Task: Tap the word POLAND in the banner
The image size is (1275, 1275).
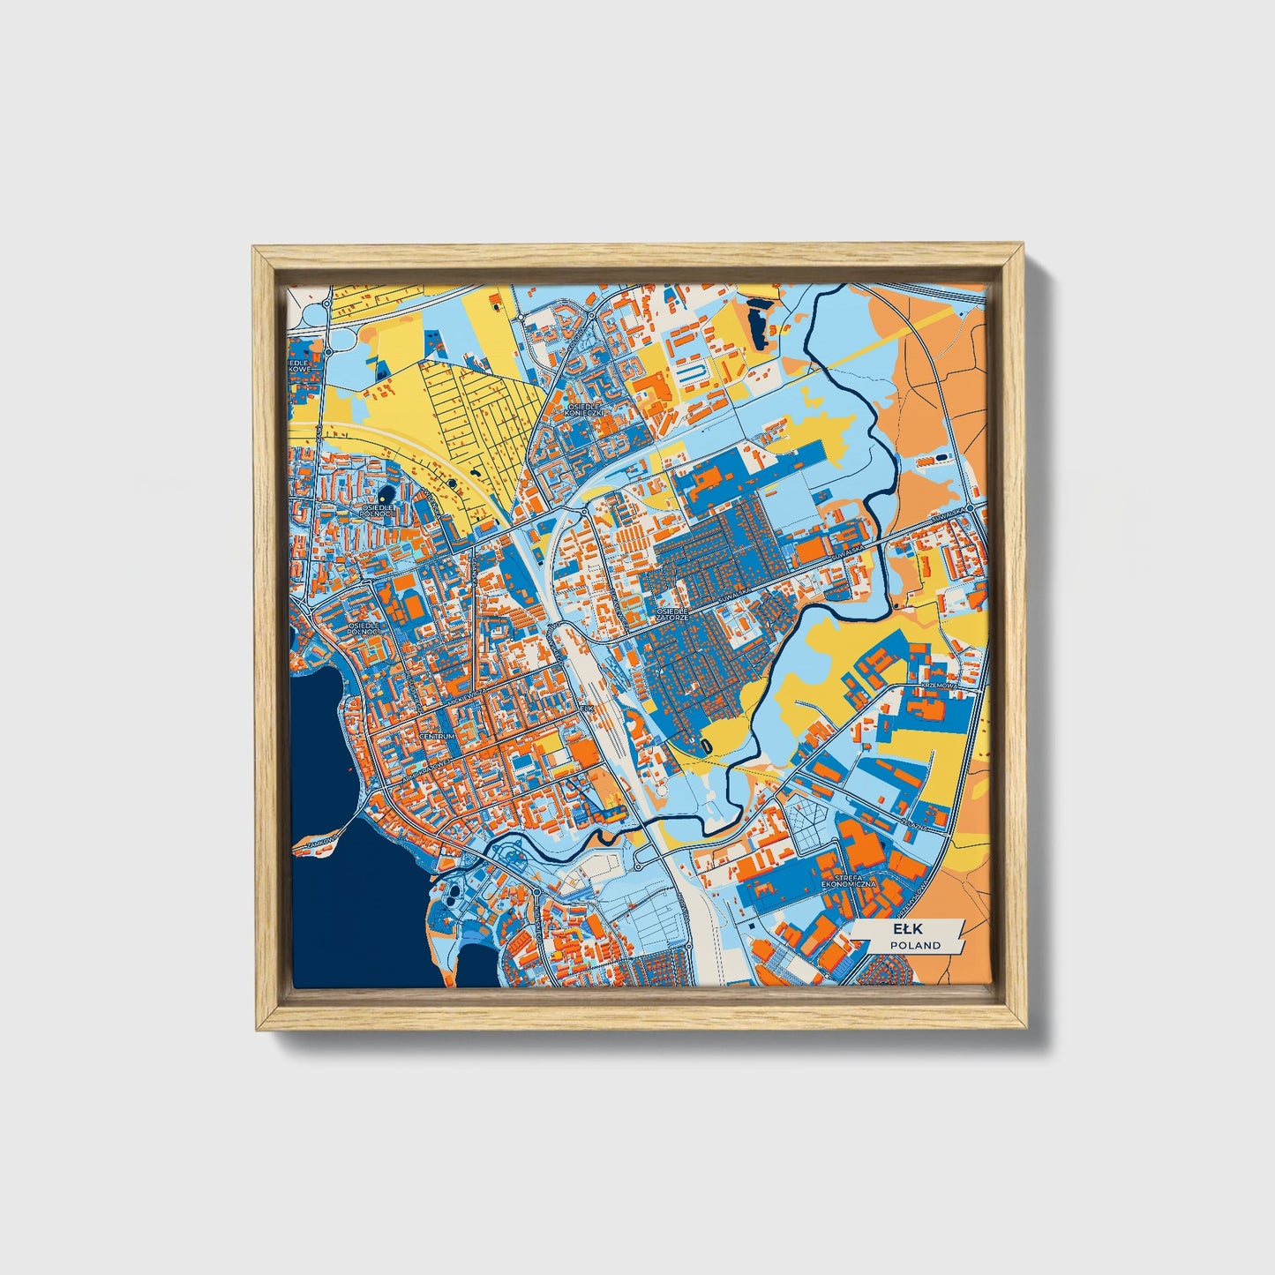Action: coord(914,945)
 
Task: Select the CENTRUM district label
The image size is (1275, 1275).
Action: coord(438,736)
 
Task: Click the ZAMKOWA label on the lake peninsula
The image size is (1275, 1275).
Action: coord(319,843)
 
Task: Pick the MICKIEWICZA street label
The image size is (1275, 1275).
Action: coord(468,695)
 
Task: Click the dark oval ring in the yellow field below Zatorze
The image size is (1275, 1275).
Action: coord(706,746)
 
